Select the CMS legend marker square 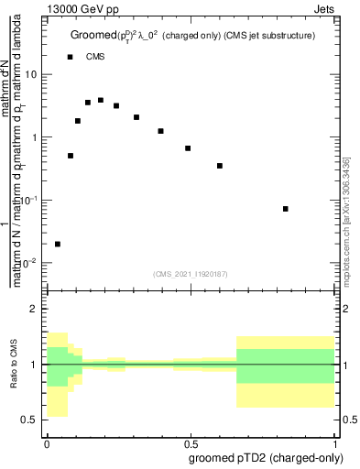[71, 57]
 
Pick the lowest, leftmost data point [58, 244]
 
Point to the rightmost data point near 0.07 [286, 209]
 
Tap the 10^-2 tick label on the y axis [30, 263]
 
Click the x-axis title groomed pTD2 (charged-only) [266, 457]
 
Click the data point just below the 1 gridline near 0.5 [188, 148]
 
